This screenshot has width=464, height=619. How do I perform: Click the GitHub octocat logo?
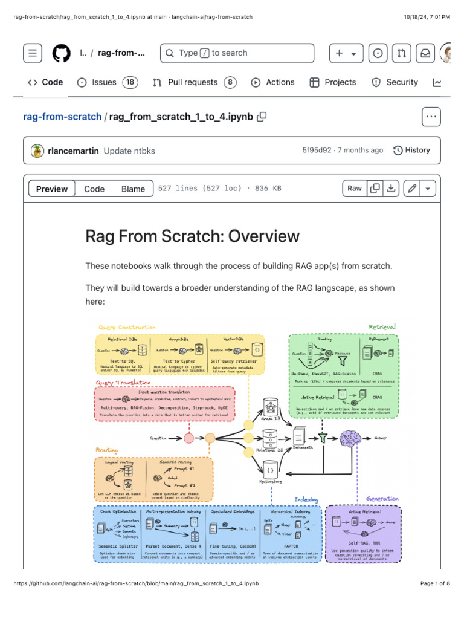point(61,53)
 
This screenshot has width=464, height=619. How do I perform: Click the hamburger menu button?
point(33,53)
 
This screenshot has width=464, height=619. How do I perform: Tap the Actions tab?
point(273,82)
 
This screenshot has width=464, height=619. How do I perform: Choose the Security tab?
point(395,82)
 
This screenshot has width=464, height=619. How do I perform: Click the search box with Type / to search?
point(237,53)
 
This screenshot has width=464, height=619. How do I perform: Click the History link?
point(411,150)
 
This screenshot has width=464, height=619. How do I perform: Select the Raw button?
point(355,189)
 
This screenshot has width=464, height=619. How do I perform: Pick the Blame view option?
point(133,189)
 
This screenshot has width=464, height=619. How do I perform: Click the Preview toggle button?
point(52,189)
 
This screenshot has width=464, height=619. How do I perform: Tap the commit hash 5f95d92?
point(317,150)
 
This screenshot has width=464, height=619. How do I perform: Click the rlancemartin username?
point(73,151)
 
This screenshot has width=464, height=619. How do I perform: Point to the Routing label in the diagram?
point(107,450)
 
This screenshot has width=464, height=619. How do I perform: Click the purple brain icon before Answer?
point(350,438)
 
